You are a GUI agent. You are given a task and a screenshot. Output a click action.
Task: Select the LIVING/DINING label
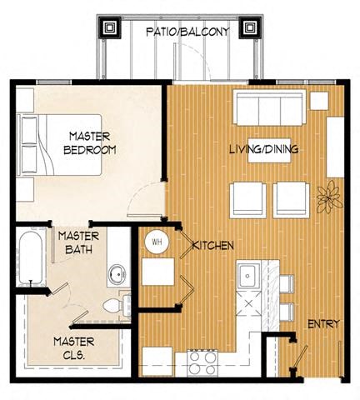tap(264, 150)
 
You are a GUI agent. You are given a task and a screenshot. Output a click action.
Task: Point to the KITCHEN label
tap(212, 246)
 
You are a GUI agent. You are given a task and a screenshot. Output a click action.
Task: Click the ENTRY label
tap(322, 323)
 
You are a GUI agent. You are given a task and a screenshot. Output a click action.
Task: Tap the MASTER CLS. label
tap(73, 347)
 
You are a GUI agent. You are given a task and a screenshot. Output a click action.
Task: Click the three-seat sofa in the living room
tap(268, 107)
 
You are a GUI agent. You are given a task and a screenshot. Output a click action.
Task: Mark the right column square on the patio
tap(248, 28)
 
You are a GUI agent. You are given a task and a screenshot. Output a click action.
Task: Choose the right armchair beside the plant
tap(291, 197)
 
